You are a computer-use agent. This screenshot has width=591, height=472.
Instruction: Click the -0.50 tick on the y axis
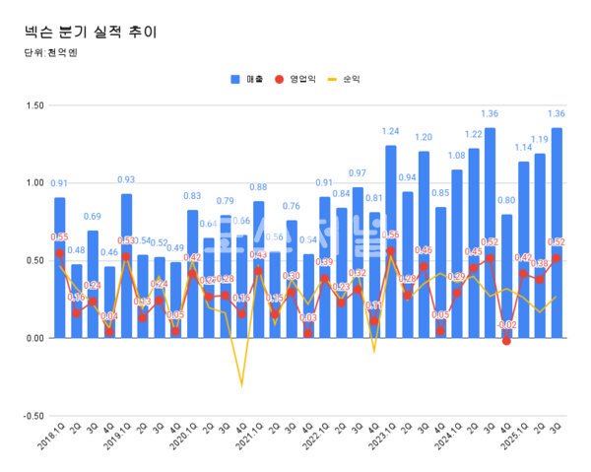click(x=33, y=416)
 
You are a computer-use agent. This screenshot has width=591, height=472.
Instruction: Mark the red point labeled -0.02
click(x=506, y=341)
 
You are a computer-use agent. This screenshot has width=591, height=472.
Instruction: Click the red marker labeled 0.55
click(x=60, y=253)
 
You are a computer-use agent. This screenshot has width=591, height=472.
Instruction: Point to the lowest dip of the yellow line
click(x=241, y=385)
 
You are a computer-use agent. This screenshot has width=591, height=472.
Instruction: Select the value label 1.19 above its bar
click(x=540, y=140)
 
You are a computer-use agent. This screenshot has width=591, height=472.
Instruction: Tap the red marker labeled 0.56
click(x=391, y=251)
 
